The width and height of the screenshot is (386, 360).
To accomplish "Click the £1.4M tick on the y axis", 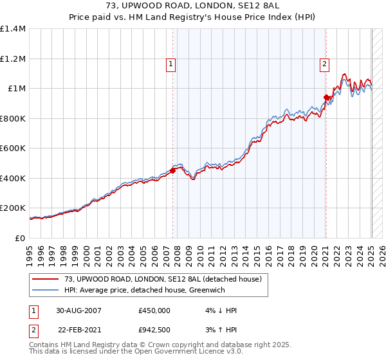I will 13,29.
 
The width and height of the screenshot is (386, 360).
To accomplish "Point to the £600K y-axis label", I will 13,148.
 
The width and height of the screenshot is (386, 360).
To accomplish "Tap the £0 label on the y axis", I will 19,239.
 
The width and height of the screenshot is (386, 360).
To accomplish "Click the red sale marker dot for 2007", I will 172,170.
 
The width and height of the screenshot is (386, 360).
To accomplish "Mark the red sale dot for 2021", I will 326,96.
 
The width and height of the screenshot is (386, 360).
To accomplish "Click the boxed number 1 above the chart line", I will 171,64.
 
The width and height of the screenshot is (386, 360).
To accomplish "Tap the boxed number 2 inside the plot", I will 324,64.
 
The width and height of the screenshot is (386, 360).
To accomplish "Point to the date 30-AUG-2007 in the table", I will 78,310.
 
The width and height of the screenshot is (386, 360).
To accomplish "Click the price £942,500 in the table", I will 154,330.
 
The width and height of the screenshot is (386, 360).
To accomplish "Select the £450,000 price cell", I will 154,310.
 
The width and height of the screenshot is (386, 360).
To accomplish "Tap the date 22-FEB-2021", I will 78,330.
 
